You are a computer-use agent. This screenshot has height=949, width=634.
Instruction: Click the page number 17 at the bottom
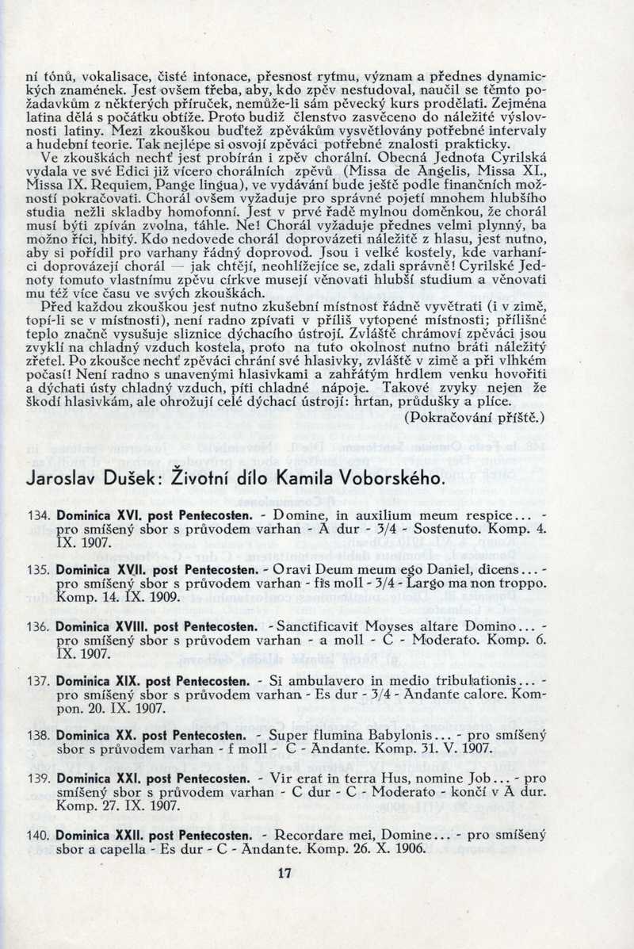(x=285, y=874)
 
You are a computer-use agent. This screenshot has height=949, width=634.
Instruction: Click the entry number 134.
(x=39, y=515)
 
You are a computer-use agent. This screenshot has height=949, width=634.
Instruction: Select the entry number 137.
(x=39, y=681)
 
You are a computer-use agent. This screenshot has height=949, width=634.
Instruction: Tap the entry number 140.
(x=39, y=835)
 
